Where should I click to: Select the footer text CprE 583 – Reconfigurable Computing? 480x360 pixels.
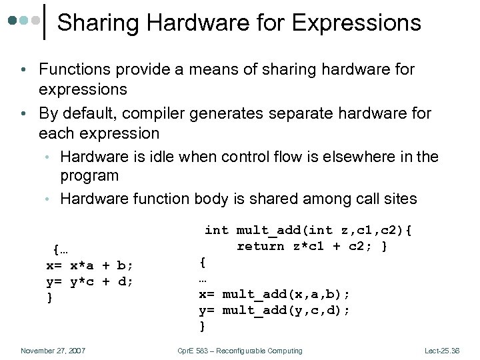click(240, 351)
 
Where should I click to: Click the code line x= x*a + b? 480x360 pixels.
click(89, 265)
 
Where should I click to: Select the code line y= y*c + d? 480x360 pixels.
click(89, 281)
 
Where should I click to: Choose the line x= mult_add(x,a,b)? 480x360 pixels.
click(275, 294)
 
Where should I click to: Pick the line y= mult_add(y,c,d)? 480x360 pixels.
click(275, 310)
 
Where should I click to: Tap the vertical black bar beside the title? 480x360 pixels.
click(44, 21)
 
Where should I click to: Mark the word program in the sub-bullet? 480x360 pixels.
click(89, 176)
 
